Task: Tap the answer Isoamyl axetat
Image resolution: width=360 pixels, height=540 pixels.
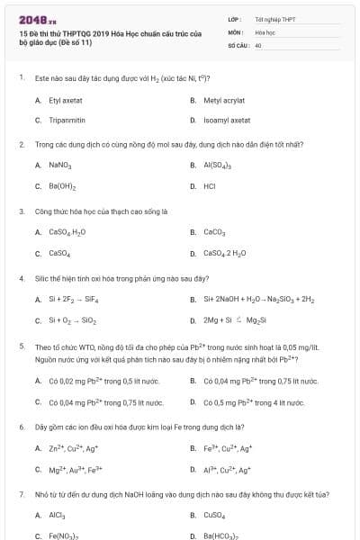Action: (226, 120)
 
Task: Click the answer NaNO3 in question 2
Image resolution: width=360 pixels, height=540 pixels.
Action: (59, 166)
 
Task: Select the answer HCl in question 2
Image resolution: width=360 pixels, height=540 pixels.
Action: (210, 186)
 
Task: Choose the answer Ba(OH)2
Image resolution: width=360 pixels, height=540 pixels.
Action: (62, 186)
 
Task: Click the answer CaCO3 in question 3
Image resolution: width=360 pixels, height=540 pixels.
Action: (214, 232)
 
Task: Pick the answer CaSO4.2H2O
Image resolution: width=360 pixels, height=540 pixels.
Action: (224, 253)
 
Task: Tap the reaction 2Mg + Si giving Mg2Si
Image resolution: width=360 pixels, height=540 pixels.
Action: (226, 319)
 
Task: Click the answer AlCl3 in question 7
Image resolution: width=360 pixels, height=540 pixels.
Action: (57, 515)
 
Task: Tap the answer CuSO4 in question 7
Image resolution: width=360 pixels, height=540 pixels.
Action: (215, 515)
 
